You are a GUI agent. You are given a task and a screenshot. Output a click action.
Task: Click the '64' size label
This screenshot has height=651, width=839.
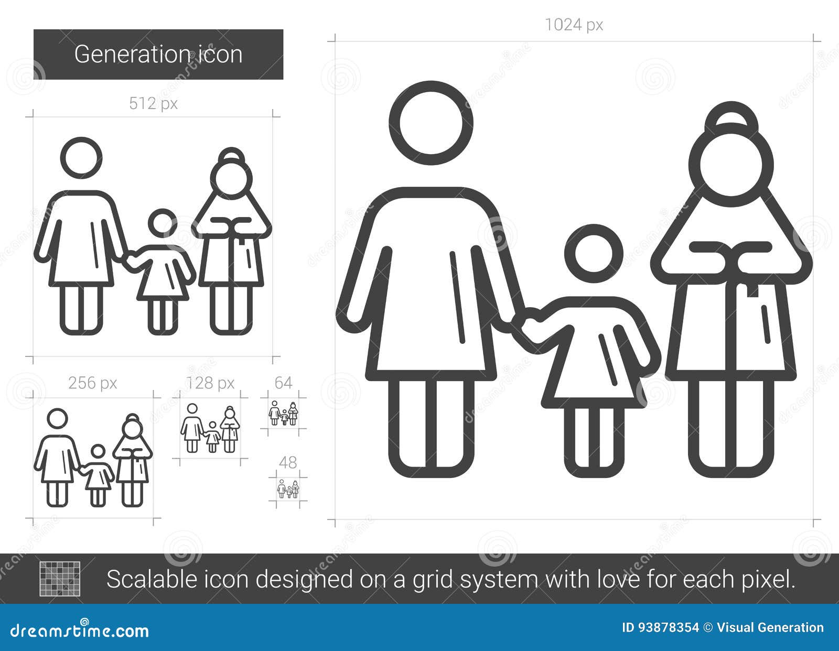pyautogui.click(x=283, y=383)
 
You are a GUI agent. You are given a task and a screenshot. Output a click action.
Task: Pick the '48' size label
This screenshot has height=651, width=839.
pyautogui.click(x=288, y=463)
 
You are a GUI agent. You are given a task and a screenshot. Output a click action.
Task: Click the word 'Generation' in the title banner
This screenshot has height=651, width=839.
pyautogui.click(x=131, y=55)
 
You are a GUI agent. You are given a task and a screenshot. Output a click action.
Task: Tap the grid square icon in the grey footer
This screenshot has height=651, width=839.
pyautogui.click(x=60, y=579)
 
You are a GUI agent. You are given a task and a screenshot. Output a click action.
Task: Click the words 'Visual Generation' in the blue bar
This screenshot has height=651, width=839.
pyautogui.click(x=770, y=628)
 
